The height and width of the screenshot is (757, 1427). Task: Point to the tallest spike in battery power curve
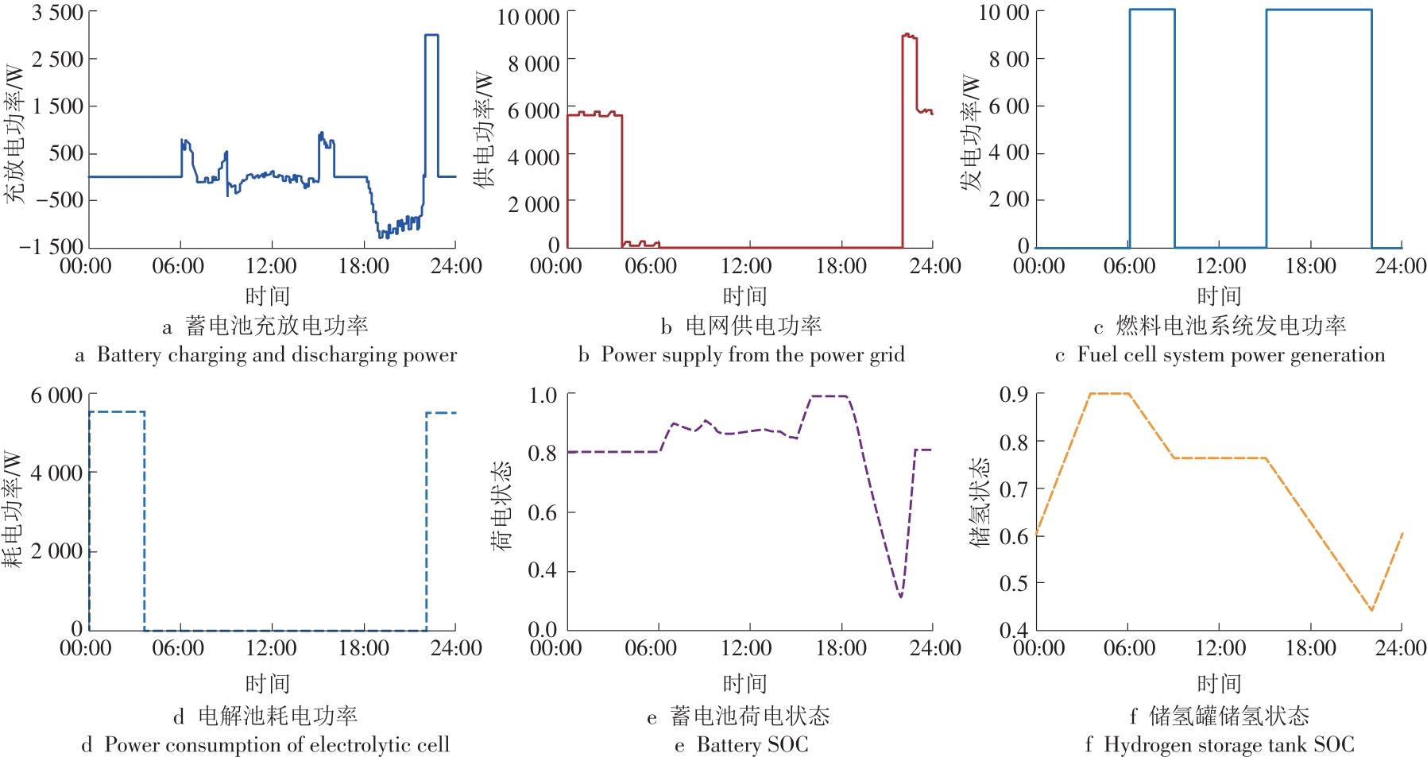[x=431, y=36]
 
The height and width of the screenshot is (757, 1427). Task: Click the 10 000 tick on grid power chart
[x=528, y=16]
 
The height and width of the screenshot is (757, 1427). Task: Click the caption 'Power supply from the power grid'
[x=752, y=354]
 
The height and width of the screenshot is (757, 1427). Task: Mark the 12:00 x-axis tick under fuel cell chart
[x=1220, y=265]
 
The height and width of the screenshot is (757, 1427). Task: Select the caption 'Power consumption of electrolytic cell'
[x=277, y=745]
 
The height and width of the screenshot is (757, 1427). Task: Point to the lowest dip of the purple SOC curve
[x=900, y=596]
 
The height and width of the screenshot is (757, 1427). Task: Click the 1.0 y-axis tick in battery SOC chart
[x=544, y=395]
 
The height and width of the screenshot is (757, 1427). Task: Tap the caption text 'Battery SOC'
[x=752, y=745]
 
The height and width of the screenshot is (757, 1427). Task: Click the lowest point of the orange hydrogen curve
[x=1371, y=610]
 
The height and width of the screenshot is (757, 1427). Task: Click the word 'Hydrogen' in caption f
[x=1139, y=745]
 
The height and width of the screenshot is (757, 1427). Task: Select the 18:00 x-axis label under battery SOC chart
[x=841, y=648]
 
